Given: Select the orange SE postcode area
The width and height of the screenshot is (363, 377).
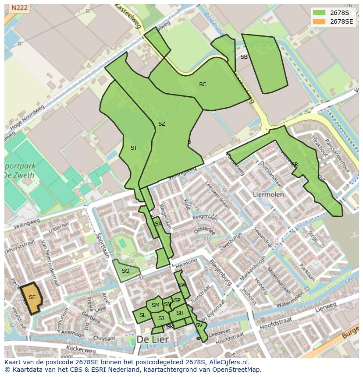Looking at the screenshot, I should [x=32, y=297].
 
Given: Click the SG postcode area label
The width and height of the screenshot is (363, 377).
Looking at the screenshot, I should [x=125, y=271].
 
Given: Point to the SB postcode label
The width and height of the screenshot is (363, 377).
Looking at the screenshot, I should [x=244, y=57].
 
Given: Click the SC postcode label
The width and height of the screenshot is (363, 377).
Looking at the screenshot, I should [x=202, y=85].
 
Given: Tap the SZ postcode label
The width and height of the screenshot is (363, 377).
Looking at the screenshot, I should [x=161, y=124].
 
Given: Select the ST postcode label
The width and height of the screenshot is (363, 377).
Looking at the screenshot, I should [x=134, y=148].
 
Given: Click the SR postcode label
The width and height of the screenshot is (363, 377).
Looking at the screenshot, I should [x=294, y=165].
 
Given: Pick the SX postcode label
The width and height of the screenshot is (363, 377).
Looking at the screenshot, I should [x=158, y=224].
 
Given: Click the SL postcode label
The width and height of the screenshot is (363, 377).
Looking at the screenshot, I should [x=142, y=315].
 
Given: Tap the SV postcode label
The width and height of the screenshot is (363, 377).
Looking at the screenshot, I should [x=199, y=325].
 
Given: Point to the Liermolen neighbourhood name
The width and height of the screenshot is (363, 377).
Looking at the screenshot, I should [x=268, y=194].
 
